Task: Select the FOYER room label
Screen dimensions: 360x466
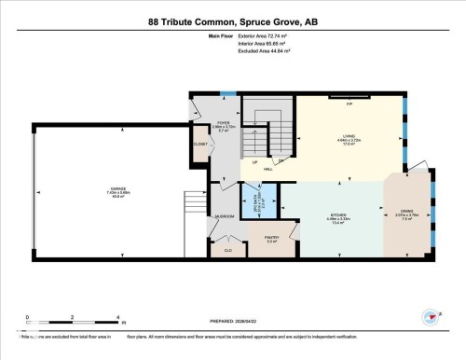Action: pos(224,124)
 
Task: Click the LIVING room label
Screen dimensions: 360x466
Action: pos(349,138)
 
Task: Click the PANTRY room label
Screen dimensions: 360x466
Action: pos(272,238)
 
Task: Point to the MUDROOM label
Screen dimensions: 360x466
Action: pos(225,216)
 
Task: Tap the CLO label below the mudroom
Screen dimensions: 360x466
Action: pos(227,249)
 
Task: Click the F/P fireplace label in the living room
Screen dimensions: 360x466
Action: pos(349,104)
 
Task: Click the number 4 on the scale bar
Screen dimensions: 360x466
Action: pos(118,317)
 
